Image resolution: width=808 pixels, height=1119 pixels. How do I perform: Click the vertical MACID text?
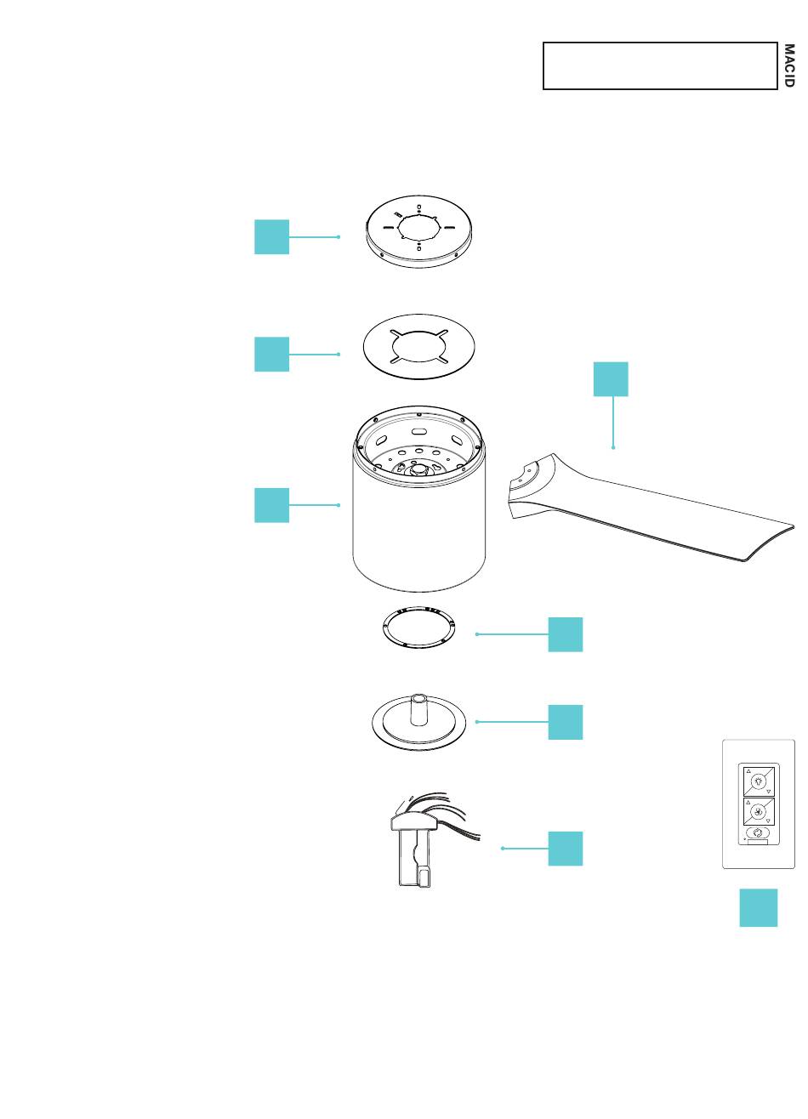(788, 65)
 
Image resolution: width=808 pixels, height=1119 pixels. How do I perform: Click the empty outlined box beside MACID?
(660, 65)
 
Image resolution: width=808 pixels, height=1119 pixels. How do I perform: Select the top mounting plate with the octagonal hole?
(419, 228)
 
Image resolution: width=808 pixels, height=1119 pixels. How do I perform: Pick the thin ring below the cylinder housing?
(417, 628)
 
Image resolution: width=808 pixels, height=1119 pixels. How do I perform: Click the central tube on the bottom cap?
(418, 707)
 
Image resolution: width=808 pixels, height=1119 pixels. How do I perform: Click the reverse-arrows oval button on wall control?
(759, 833)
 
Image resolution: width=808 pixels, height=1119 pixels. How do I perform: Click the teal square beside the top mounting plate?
(271, 236)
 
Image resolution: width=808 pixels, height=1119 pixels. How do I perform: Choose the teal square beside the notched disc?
(271, 354)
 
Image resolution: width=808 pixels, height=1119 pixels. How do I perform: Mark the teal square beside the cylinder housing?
(271, 505)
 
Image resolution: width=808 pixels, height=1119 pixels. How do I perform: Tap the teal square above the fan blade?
(611, 379)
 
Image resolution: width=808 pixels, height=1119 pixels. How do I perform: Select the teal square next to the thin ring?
(566, 634)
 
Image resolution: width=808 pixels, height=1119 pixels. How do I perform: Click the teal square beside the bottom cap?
(566, 722)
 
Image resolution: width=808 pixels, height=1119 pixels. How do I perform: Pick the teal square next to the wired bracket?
(566, 849)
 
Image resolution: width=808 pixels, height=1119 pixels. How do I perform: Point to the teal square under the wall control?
(758, 907)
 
